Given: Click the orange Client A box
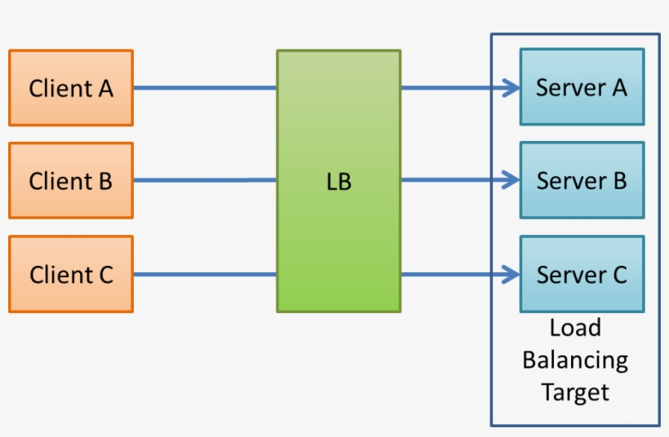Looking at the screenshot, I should pyautogui.click(x=71, y=88).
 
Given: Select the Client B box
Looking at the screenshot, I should pyautogui.click(x=71, y=180).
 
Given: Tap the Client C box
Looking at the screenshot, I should pyautogui.click(x=71, y=274).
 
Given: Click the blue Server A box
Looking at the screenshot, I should pyautogui.click(x=582, y=87).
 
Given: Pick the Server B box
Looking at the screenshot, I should pyautogui.click(x=582, y=179).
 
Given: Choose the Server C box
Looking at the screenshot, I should pyautogui.click(x=582, y=274).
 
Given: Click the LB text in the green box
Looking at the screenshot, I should pyautogui.click(x=338, y=182).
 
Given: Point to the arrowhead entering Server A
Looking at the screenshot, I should pyautogui.click(x=512, y=87).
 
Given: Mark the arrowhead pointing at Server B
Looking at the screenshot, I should pyautogui.click(x=512, y=179).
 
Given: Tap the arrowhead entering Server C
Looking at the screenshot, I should pyautogui.click(x=512, y=274).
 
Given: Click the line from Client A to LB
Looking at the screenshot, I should pyautogui.click(x=204, y=87).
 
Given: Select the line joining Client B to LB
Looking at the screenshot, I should pyautogui.click(x=204, y=180).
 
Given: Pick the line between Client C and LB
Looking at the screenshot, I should pyautogui.click(x=204, y=274).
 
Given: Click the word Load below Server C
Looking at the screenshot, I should pyautogui.click(x=575, y=328).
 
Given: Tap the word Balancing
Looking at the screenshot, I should pyautogui.click(x=575, y=360).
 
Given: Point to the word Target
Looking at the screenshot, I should pyautogui.click(x=575, y=392).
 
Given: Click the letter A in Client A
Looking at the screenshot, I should pyautogui.click(x=104, y=88).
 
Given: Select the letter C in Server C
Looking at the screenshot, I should pyautogui.click(x=618, y=275).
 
